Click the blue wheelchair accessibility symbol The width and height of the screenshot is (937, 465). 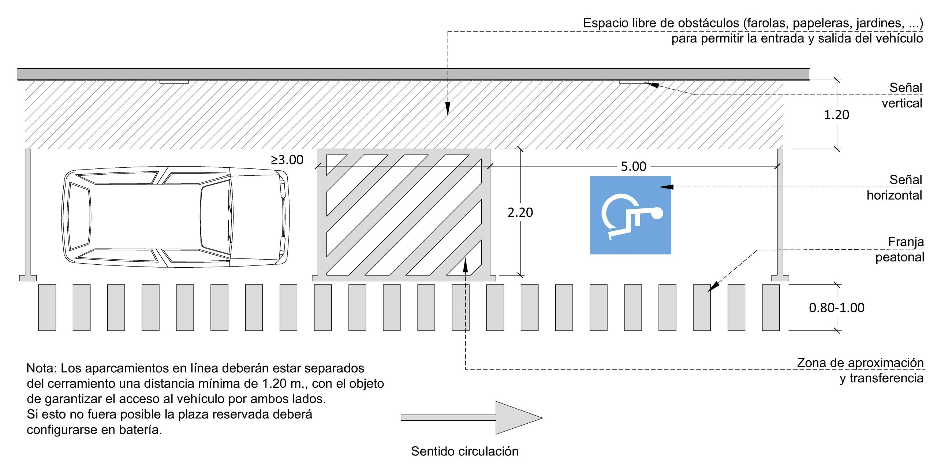pos(630,215)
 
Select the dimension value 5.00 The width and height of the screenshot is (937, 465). pos(634,167)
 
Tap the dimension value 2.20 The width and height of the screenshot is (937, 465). pos(520,212)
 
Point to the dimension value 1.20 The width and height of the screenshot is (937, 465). pos(836,115)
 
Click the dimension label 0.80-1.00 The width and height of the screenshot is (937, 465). pos(836,308)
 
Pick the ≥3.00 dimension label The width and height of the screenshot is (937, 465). pos(287,160)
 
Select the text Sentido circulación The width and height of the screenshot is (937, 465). pos(464,451)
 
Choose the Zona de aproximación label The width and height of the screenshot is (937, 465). pos(860,363)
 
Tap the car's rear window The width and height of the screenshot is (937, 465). pos(79,216)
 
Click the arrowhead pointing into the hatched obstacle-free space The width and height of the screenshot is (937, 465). pos(447,109)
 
